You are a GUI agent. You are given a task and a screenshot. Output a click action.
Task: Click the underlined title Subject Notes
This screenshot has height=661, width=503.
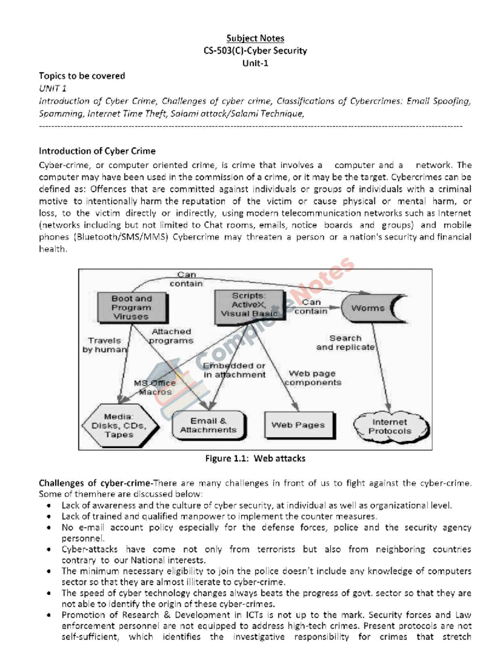click(x=255, y=39)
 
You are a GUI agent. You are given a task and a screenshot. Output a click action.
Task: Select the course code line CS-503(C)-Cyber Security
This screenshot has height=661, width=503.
click(x=255, y=51)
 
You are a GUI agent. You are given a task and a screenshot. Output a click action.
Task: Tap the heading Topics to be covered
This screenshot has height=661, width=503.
click(x=82, y=76)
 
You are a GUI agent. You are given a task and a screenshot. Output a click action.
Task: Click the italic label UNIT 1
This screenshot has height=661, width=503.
click(x=52, y=88)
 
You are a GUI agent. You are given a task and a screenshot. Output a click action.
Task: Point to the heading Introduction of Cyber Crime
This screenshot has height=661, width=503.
click(x=97, y=151)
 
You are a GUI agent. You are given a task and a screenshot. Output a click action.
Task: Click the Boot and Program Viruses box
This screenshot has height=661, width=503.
click(x=131, y=307)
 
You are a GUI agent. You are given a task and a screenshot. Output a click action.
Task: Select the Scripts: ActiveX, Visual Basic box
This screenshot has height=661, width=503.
click(x=249, y=305)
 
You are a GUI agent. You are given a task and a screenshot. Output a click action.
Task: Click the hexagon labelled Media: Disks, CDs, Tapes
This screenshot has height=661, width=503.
click(x=119, y=426)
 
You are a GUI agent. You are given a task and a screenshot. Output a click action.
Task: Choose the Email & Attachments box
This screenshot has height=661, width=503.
click(x=208, y=425)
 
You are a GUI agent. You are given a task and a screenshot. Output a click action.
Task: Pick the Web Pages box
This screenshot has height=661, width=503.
click(x=298, y=425)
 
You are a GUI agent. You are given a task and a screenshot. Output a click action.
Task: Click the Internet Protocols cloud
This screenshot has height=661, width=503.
click(x=390, y=427)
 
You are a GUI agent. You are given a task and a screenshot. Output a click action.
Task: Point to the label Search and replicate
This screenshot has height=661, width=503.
click(x=345, y=343)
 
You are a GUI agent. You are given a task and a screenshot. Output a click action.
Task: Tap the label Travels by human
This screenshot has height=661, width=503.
click(x=104, y=345)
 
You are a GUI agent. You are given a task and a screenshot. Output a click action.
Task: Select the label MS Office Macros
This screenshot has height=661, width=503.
click(x=155, y=388)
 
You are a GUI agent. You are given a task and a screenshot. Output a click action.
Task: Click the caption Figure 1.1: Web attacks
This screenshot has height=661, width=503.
click(x=255, y=458)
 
